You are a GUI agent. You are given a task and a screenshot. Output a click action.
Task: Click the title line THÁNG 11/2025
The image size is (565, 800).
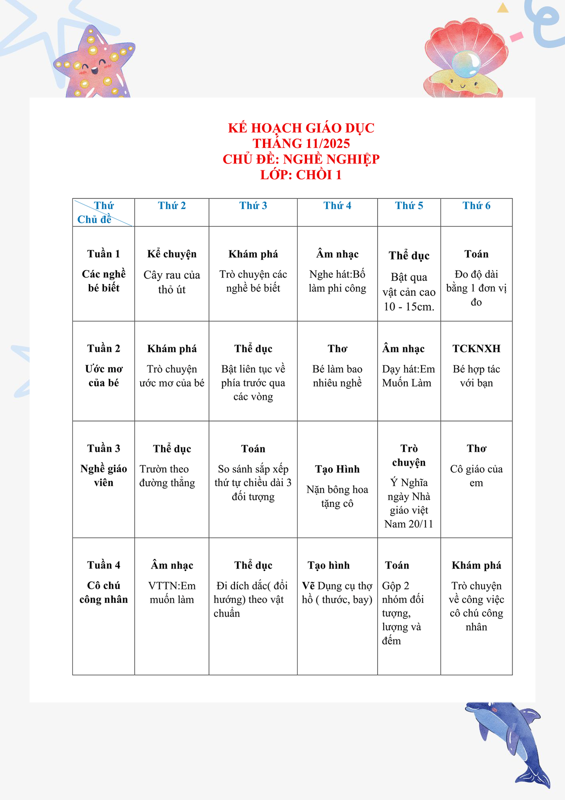pos(301,143)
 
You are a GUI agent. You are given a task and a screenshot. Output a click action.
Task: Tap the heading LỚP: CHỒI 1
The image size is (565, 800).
pos(301,175)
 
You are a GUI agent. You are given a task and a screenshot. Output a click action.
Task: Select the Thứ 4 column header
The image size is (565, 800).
pos(337,206)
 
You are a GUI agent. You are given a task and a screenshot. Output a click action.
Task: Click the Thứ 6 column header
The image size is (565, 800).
pos(476,206)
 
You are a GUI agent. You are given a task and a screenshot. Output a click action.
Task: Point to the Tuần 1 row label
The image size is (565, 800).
pos(103,254)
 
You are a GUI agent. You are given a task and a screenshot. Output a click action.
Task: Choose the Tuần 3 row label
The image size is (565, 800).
pos(103,448)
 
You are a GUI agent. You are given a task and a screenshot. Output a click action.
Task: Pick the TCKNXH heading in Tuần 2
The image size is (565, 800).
pos(476,349)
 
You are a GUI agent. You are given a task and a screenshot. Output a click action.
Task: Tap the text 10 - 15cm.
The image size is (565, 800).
pos(409,307)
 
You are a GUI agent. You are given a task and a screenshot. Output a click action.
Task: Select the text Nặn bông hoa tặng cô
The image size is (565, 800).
pos(337,496)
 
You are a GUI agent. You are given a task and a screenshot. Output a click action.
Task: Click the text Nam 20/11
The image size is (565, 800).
pos(409,524)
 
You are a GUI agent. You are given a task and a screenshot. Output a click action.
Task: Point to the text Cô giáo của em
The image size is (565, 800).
pos(476,476)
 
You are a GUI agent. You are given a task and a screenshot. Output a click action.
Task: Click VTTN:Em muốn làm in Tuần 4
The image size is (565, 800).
pos(172,592)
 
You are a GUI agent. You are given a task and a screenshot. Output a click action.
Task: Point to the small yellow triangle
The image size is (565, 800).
pos(503,8)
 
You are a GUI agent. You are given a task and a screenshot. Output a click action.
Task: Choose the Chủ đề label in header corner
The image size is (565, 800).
pos(94,219)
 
